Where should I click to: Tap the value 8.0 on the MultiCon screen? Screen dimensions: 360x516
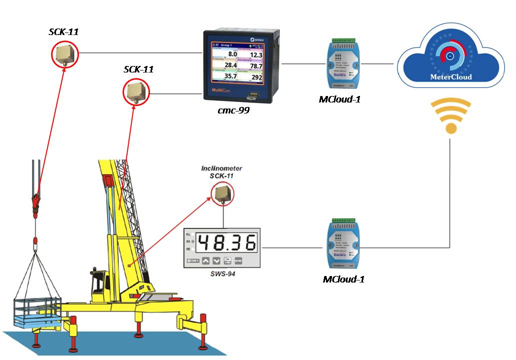click(x=232, y=54)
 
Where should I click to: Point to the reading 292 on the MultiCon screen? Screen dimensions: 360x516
click(x=256, y=77)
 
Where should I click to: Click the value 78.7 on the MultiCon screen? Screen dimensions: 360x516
click(x=256, y=65)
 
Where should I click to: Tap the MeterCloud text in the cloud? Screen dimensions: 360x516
click(x=451, y=77)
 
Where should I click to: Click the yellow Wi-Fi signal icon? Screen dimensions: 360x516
click(x=451, y=116)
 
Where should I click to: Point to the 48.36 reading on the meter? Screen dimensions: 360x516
click(x=226, y=242)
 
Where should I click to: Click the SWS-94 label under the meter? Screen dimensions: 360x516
click(x=222, y=273)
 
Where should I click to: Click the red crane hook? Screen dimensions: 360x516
click(x=35, y=202)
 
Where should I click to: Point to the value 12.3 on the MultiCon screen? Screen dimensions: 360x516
click(x=256, y=54)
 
